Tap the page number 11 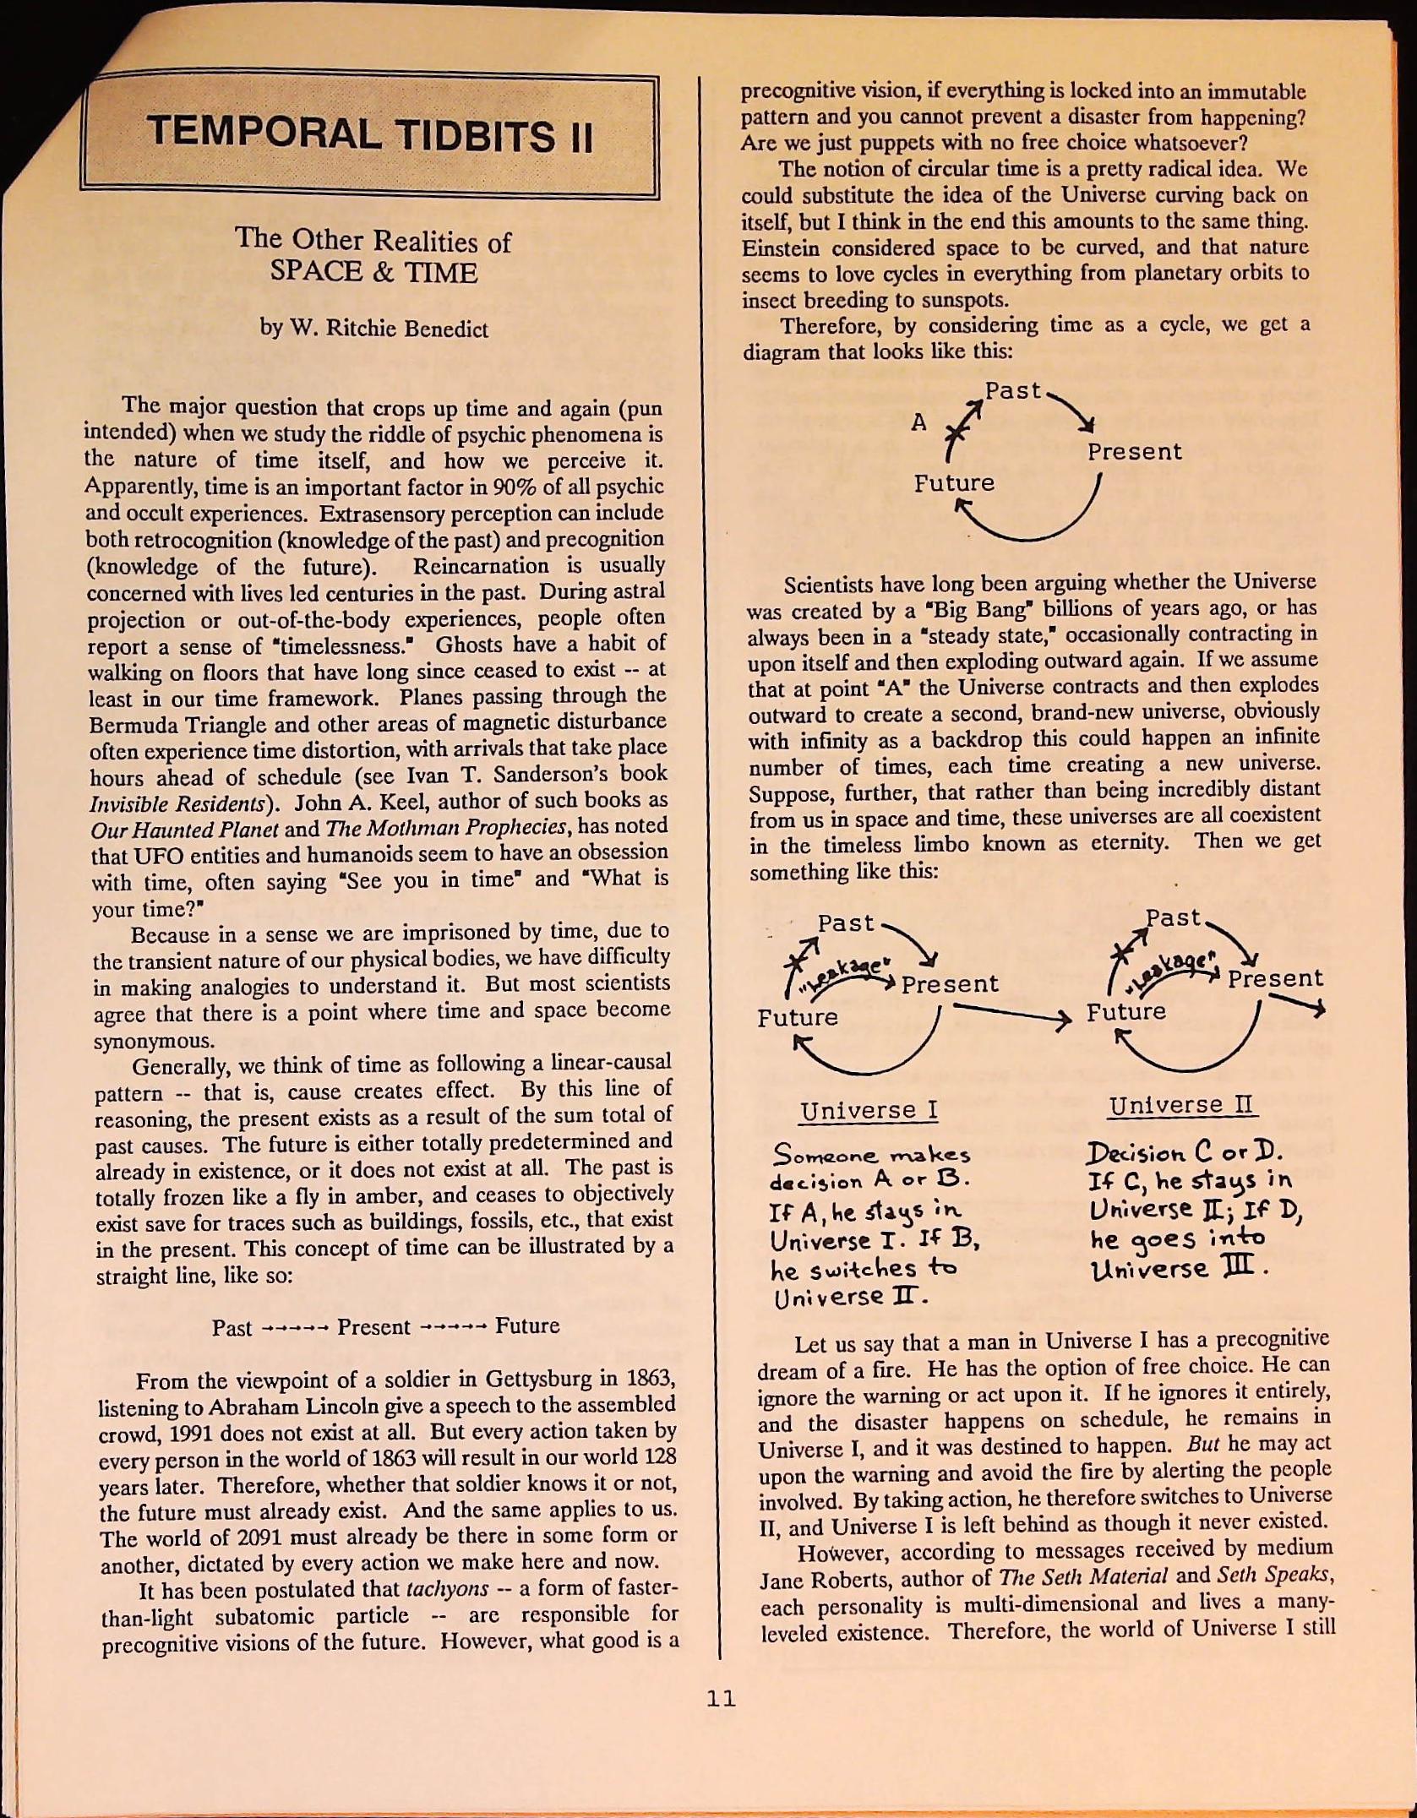(721, 1698)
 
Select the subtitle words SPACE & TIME (373, 272)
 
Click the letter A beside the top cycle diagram (918, 422)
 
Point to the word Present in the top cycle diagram (1134, 452)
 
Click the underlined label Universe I (869, 1110)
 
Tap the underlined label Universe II (1182, 1105)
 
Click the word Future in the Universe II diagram (1125, 1011)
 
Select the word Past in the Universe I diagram (845, 923)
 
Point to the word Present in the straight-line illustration (373, 1326)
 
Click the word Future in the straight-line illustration (527, 1325)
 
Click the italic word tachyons (447, 1589)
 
